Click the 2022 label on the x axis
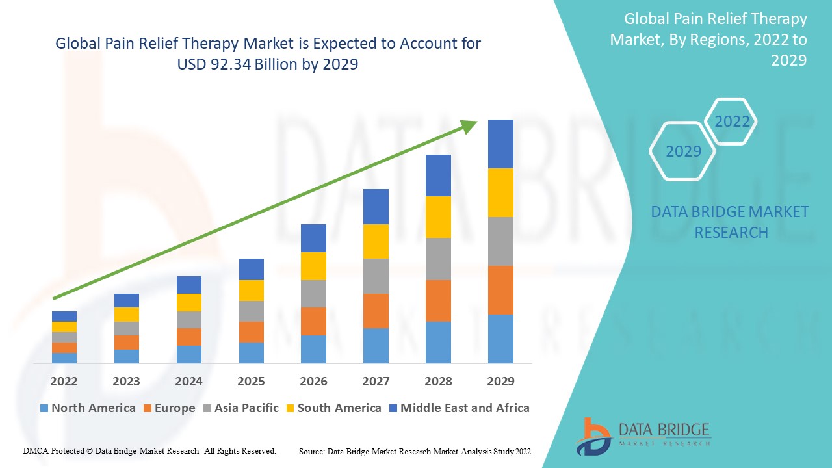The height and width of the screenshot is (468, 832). click(x=64, y=381)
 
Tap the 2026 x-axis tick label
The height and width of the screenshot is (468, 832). click(x=313, y=381)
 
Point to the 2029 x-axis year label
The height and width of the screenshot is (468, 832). click(x=500, y=381)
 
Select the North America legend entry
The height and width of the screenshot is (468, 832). click(x=88, y=408)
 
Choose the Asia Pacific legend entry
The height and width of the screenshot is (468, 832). click(x=241, y=408)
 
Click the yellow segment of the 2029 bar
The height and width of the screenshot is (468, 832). click(x=500, y=192)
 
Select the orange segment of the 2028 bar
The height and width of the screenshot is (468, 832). click(x=438, y=300)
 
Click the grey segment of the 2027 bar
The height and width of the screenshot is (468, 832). click(x=376, y=276)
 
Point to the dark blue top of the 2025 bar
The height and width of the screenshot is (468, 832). click(x=251, y=269)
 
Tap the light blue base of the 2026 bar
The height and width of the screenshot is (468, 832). click(x=313, y=349)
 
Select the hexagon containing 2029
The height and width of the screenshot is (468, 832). click(x=682, y=151)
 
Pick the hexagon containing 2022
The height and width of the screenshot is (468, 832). click(x=732, y=122)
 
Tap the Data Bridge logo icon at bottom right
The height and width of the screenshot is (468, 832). click(x=592, y=435)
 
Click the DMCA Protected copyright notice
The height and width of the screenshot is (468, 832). click(x=149, y=450)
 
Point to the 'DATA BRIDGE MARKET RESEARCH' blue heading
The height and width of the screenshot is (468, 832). click(x=730, y=222)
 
